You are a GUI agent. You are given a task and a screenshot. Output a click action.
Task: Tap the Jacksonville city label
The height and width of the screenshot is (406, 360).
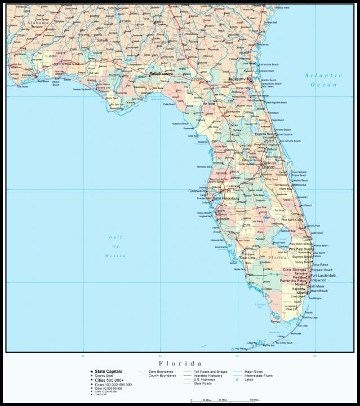tap(239, 79)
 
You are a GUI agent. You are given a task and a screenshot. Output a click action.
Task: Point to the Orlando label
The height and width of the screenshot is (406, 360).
tap(268, 167)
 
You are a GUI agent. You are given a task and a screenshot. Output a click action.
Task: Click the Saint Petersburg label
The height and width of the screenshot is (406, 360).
tap(226, 198)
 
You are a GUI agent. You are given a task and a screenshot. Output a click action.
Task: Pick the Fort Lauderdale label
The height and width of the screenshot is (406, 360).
tap(323, 275)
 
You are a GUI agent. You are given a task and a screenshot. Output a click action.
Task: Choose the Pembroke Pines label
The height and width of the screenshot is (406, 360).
tap(294, 280)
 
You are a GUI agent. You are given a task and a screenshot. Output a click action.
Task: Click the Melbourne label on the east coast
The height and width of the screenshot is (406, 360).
tap(299, 185)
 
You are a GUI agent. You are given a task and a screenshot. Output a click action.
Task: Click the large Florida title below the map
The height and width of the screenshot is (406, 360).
tap(180, 364)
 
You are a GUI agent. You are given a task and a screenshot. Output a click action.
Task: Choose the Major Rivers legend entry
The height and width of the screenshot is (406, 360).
tap(254, 372)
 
